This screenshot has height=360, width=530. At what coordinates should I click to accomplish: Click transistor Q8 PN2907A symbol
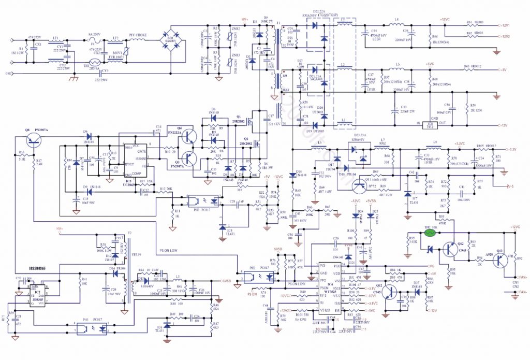coord(34,139)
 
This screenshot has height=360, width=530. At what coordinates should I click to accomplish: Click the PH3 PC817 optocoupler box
coord(199,199)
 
